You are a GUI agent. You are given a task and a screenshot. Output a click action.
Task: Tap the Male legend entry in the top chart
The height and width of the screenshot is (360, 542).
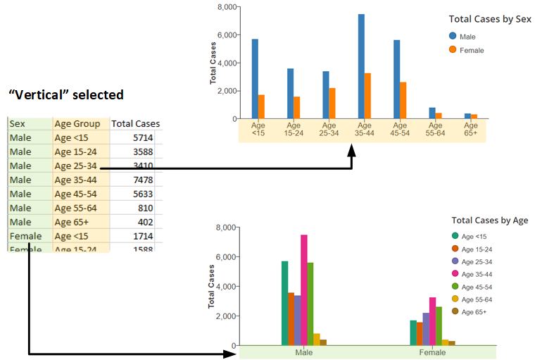468,36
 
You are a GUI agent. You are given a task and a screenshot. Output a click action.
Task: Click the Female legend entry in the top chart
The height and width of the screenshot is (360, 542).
471,50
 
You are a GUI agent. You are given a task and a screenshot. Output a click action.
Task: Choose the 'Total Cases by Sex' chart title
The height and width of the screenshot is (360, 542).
490,20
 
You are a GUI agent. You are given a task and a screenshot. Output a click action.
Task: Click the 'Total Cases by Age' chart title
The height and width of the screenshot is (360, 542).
490,221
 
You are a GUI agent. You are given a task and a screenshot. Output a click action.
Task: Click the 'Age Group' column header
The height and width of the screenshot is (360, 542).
77,124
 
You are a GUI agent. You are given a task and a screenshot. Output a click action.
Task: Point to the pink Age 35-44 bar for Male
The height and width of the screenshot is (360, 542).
304,290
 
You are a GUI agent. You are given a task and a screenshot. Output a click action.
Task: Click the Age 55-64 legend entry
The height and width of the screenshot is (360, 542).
477,299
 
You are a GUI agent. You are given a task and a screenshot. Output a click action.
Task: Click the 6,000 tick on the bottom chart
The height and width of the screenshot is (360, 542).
225,257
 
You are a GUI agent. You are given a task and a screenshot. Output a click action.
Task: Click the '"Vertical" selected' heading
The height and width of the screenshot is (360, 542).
65,94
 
